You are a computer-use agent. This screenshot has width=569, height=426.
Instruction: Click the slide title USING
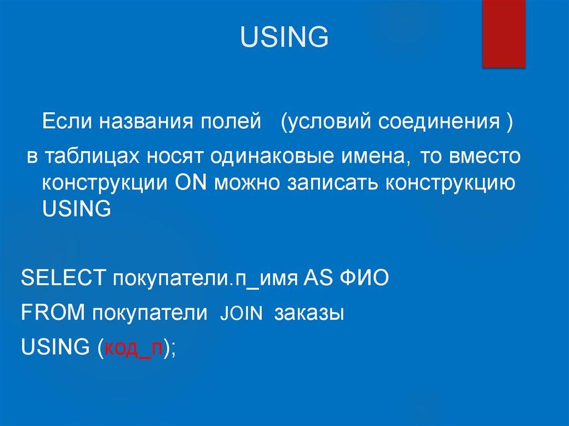[284, 38]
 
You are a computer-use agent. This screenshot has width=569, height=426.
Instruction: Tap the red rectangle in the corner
[503, 34]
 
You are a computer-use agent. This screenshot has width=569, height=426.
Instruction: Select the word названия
[142, 121]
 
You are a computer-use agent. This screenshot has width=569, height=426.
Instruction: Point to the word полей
[227, 121]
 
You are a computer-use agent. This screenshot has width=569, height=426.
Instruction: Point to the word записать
[323, 183]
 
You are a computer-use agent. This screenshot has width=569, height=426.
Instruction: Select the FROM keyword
[52, 313]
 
